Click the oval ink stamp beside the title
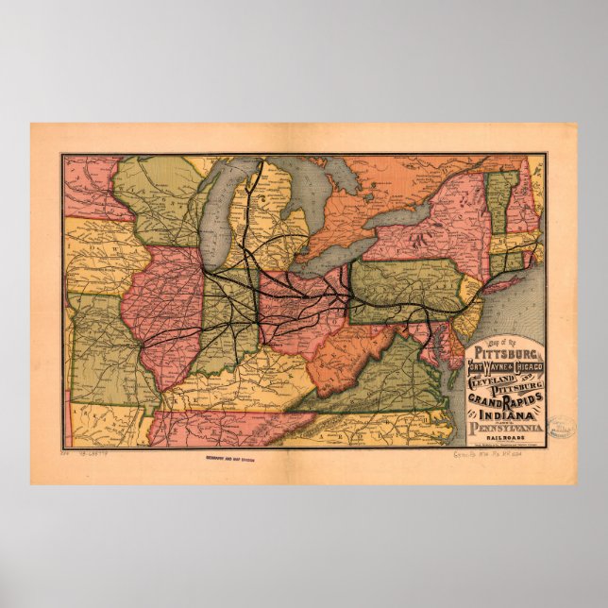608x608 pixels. [x=561, y=427]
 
